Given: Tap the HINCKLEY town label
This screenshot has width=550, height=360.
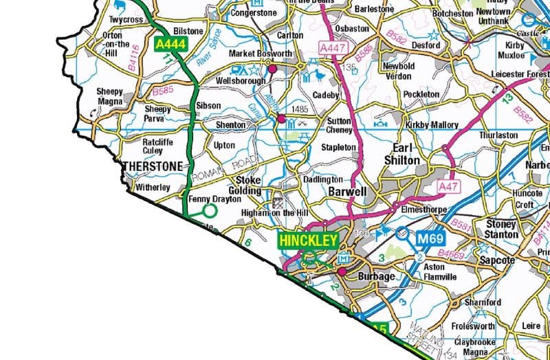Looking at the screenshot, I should point(308,241).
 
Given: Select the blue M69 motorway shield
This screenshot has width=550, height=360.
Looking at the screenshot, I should point(432,239).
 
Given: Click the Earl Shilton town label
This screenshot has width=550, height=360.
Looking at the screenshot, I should point(406,154).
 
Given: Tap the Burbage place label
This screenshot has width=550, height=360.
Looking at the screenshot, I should point(376,277).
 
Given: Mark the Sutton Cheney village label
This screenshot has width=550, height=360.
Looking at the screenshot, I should point(339,125).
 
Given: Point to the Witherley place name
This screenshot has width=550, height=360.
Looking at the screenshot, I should point(153,187).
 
